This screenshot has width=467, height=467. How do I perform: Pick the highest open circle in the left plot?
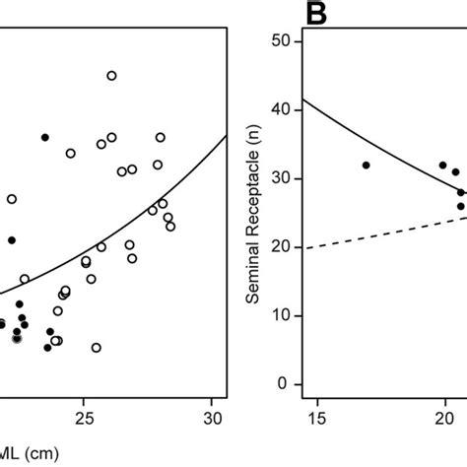pyautogui.click(x=111, y=76)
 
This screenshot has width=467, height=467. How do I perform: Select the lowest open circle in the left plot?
pyautogui.click(x=96, y=348)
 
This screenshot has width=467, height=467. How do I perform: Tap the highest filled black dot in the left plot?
pyautogui.click(x=44, y=137)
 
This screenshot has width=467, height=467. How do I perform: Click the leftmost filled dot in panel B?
pyautogui.click(x=366, y=166)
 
